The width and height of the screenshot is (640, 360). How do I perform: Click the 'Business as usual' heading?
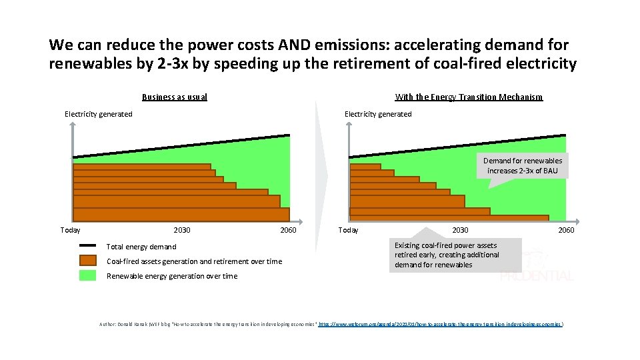point(175,97)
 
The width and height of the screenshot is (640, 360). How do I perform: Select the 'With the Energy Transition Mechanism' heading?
point(469,97)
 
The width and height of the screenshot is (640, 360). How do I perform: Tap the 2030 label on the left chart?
point(181,230)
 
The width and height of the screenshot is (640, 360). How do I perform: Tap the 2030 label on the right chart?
point(460,230)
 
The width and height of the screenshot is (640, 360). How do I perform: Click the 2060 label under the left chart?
point(288,230)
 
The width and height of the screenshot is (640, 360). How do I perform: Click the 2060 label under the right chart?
point(565,230)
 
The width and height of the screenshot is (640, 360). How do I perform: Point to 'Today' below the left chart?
point(70,230)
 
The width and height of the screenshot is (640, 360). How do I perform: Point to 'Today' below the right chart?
point(348,230)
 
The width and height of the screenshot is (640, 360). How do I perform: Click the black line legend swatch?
point(87,246)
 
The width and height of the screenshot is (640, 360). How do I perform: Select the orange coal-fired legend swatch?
point(87,261)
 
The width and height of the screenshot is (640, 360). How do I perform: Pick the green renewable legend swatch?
point(87,275)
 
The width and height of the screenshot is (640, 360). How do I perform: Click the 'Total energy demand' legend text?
point(141,247)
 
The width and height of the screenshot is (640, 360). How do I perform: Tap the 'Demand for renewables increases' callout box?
point(523,166)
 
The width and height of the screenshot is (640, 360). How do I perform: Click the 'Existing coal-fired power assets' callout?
point(447,255)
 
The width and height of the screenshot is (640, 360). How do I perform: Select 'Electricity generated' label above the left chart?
point(98,114)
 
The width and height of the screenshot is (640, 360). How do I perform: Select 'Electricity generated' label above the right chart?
point(378,114)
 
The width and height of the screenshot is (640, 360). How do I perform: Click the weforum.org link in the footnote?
point(441,324)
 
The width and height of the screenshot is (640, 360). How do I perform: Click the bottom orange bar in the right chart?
point(449,217)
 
